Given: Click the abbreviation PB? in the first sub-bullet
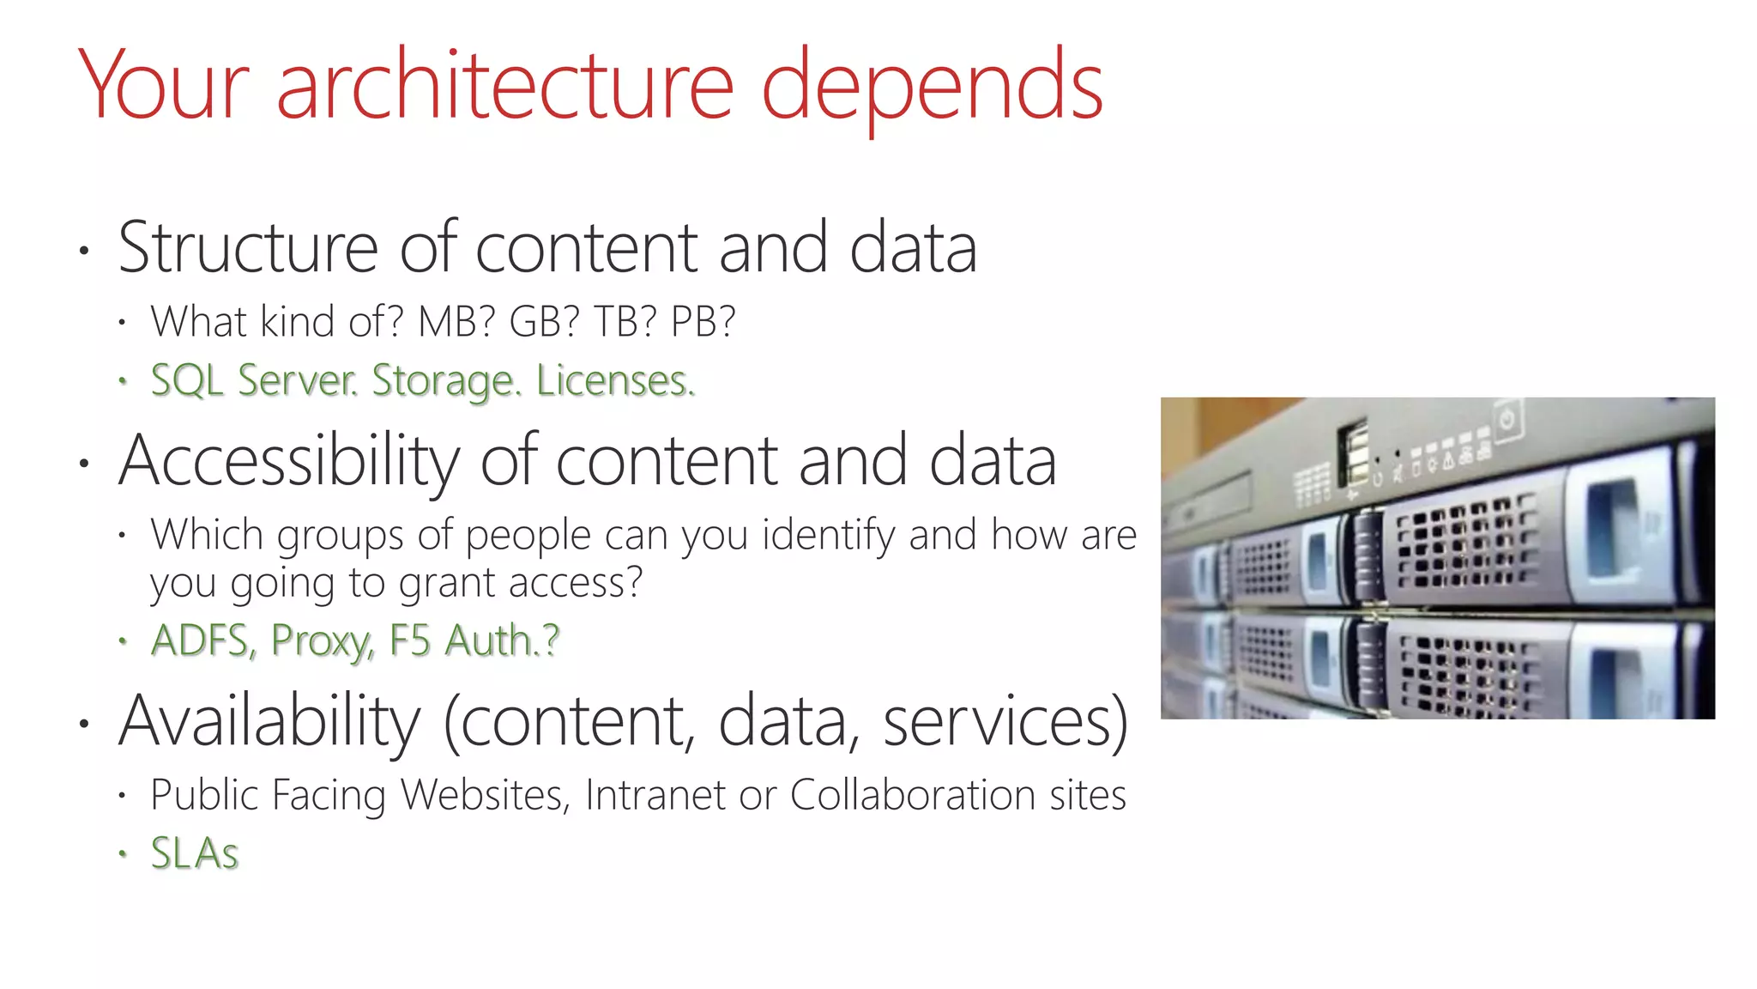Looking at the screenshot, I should (703, 322).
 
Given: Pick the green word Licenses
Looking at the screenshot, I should (615, 380).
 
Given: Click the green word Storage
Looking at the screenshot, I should (446, 382).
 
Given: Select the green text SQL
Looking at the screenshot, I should (187, 380).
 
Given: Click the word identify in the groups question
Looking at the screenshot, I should (829, 536).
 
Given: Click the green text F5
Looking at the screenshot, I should (410, 640).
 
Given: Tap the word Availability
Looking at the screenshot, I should (269, 723).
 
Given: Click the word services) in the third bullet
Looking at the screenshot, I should (1005, 723).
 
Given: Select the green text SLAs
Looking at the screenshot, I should (194, 853).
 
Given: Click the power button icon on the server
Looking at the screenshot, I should (1507, 419).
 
